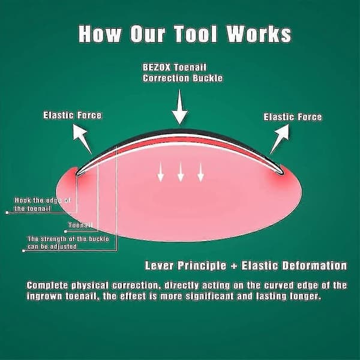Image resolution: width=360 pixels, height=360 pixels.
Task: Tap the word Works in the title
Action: pyautogui.click(x=259, y=34)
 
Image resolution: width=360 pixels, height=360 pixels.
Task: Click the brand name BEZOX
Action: pyautogui.click(x=157, y=67)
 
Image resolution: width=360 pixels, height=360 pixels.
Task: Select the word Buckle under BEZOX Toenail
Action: pyautogui.click(x=208, y=78)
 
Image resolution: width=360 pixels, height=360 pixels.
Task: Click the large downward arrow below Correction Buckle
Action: pyautogui.click(x=180, y=107)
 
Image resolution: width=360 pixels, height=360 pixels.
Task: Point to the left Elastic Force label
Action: pyautogui.click(x=72, y=115)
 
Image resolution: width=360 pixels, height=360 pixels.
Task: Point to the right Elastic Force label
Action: pyautogui.click(x=293, y=117)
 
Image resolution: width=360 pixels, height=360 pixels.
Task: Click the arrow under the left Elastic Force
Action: pyautogui.click(x=82, y=139)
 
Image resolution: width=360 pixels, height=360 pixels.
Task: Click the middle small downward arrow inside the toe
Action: pyautogui.click(x=181, y=172)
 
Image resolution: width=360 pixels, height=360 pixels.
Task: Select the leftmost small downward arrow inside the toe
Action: pyautogui.click(x=160, y=172)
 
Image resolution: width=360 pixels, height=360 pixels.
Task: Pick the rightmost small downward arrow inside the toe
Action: pyautogui.click(x=200, y=172)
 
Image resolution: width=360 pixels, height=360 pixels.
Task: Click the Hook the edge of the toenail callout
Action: pyautogui.click(x=42, y=205)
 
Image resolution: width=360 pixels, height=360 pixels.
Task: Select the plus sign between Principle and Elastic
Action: pyautogui.click(x=234, y=266)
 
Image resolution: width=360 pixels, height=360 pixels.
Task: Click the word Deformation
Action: pyautogui.click(x=314, y=266)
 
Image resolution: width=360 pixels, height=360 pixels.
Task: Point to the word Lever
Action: pyautogui.click(x=159, y=266)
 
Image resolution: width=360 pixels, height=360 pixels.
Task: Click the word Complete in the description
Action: pyautogui.click(x=47, y=286)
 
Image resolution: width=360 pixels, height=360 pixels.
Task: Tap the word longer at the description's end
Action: pyautogui.click(x=305, y=296)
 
